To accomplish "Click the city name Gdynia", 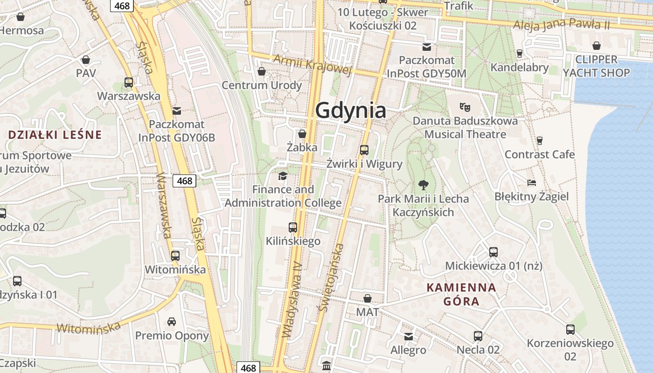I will (x=351, y=111).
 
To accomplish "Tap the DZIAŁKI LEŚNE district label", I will (x=55, y=135).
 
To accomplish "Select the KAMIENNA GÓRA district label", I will (x=461, y=294).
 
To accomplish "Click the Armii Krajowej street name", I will (x=312, y=64).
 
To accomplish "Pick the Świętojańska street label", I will (x=332, y=277).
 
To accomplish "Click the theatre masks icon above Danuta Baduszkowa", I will (x=465, y=107).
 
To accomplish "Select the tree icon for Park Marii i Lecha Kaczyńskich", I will (x=423, y=185).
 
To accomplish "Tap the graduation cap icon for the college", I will (x=283, y=176).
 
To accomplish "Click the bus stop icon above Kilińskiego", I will (x=293, y=228).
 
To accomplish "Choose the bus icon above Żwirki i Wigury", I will (x=364, y=150).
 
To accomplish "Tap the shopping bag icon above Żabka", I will (x=302, y=134).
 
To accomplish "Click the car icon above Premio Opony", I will (x=172, y=322).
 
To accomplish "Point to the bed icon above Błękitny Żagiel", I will (x=531, y=182).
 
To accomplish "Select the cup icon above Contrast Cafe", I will (x=540, y=140).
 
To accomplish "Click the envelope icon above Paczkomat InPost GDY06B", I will (x=176, y=111).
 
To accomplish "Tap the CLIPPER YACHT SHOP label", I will (x=596, y=66).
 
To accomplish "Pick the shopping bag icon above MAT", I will (x=368, y=298).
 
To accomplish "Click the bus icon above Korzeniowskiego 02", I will (x=570, y=330).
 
